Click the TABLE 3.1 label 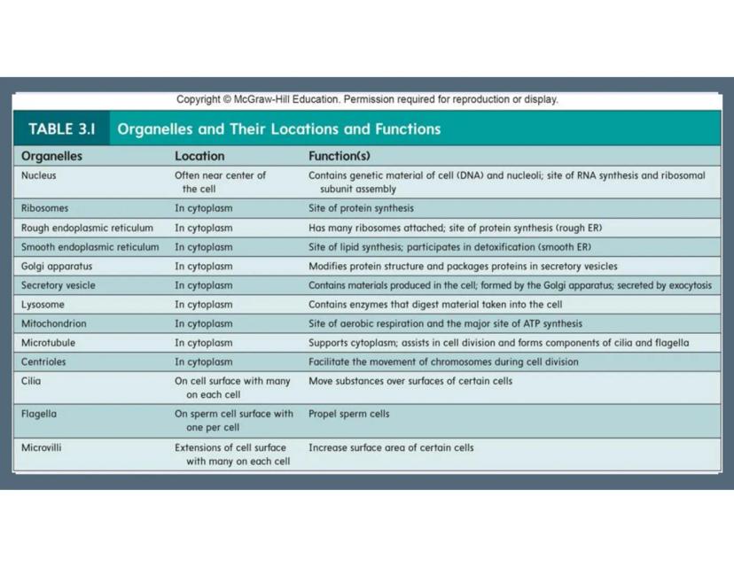point(61,128)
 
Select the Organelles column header point(51,156)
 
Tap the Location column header point(199,156)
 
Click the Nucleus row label point(39,175)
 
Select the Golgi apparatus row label point(57,266)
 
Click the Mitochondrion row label point(54,323)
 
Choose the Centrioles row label point(44,361)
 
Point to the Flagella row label point(40,414)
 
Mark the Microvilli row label point(42,447)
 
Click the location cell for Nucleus point(220,182)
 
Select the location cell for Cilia point(232,387)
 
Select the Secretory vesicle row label point(59,285)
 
